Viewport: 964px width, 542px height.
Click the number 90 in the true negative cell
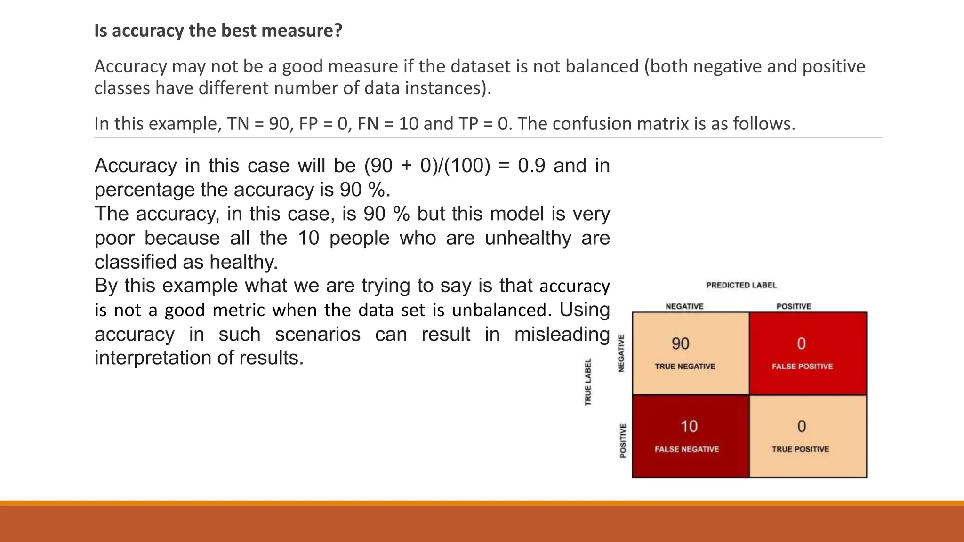point(680,344)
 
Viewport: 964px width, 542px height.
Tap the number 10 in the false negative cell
point(689,427)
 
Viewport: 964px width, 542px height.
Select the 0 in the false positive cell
point(801,344)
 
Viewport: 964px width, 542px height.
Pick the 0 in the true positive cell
point(802,427)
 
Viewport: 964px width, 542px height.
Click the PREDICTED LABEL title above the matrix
point(741,285)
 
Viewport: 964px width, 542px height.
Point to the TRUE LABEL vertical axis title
point(588,382)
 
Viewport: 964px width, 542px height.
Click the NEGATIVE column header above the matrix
point(684,306)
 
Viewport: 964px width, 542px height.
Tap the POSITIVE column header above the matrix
point(794,306)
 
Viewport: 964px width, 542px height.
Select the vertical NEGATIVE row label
point(621,353)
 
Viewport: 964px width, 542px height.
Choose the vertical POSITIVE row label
point(623,441)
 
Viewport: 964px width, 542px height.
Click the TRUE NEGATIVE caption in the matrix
point(685,367)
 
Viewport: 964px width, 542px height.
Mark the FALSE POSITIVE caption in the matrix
point(802,367)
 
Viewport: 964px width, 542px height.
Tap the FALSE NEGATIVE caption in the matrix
point(687,449)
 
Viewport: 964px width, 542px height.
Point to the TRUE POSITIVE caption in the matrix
point(800,449)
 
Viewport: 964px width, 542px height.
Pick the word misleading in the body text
point(562,334)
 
